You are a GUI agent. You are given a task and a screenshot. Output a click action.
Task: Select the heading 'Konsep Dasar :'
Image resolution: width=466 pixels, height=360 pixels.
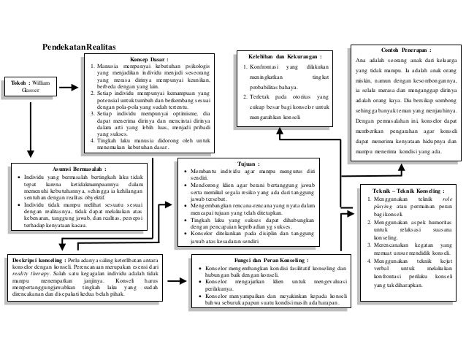click(x=149, y=61)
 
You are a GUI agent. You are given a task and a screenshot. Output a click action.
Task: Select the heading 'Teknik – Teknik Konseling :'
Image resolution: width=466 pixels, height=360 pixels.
click(x=410, y=189)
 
